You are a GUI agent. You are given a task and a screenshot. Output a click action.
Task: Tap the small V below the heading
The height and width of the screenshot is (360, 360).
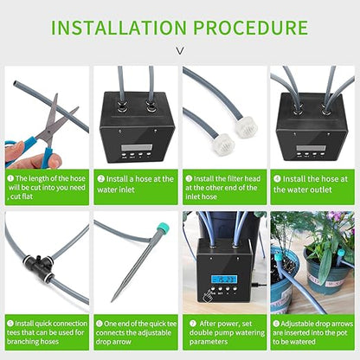(180, 51)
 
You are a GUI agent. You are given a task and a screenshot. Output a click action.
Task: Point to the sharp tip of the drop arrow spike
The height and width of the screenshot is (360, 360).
(113, 299)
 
